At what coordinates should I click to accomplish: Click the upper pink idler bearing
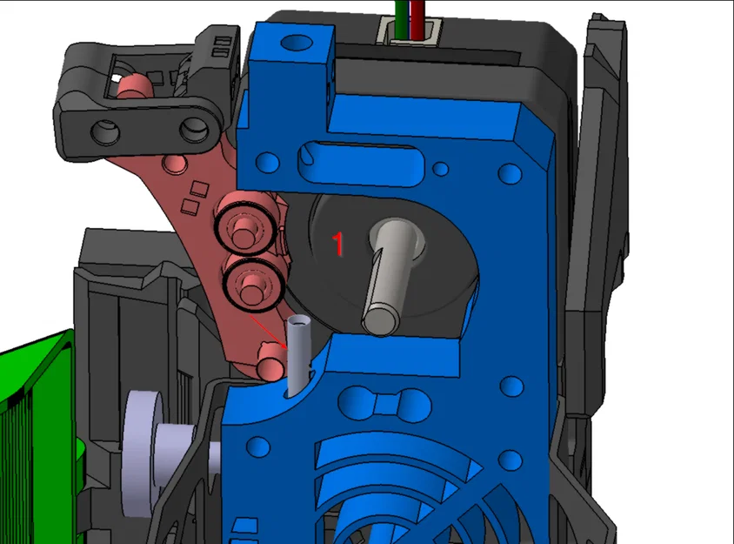(247, 225)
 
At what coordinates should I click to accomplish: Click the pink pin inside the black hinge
(134, 85)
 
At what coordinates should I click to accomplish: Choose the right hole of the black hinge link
(192, 131)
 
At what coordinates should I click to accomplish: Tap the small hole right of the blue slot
(441, 167)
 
